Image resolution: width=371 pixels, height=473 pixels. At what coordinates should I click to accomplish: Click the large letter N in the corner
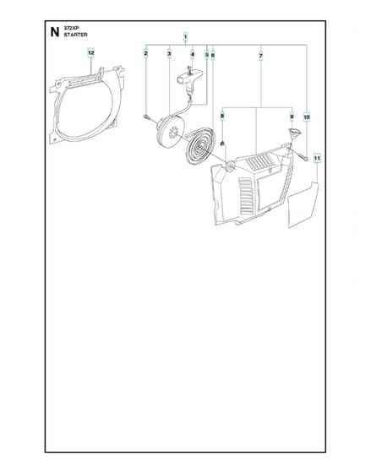pos(55,32)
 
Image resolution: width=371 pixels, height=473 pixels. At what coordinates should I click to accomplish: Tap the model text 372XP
pos(71,28)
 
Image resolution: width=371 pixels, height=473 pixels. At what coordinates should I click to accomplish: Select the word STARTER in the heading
pos(75,35)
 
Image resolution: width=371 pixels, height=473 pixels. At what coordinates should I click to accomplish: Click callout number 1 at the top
pos(185,37)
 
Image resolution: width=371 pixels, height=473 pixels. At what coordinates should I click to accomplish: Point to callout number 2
pos(146,54)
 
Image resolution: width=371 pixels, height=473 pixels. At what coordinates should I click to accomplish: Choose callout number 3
pos(169,54)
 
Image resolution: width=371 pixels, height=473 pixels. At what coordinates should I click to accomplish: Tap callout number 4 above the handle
pos(193,54)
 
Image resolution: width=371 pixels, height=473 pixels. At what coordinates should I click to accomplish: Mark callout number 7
pos(261,56)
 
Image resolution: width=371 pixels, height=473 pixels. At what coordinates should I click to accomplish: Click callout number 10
pos(307,117)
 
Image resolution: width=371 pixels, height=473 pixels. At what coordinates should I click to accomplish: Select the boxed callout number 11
pos(317,158)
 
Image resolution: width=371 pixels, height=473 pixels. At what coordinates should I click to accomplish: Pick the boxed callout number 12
pos(91,53)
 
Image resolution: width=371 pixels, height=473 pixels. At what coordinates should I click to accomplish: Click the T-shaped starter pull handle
pos(190,79)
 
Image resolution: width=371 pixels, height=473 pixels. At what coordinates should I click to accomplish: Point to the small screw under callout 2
pos(147,117)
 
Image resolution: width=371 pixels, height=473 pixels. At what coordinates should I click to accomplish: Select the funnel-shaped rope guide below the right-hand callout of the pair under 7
pos(293,133)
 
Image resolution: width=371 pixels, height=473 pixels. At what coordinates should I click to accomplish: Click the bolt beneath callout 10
pos(303,157)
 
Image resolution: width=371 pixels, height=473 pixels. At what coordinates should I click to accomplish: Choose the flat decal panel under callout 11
pos(303,204)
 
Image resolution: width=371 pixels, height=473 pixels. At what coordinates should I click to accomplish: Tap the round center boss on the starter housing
pos(232,166)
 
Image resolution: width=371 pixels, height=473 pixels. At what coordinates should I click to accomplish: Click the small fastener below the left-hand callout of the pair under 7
pos(222,144)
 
